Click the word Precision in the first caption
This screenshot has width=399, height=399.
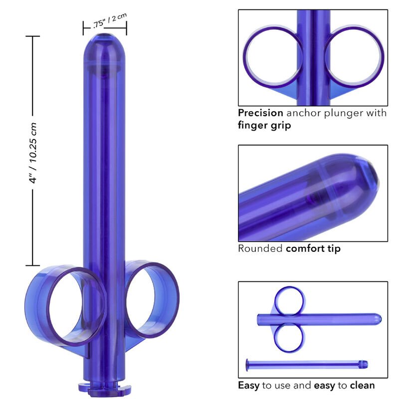pyautogui.click(x=260, y=113)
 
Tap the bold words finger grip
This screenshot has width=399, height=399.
pyautogui.click(x=264, y=126)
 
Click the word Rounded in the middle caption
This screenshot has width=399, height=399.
pyautogui.click(x=260, y=248)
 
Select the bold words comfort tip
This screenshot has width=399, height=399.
pyautogui.click(x=313, y=248)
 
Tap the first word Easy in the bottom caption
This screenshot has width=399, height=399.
pyautogui.click(x=249, y=385)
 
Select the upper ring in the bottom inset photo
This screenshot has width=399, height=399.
pyautogui.click(x=290, y=301)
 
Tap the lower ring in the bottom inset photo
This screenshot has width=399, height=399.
pyautogui.click(x=290, y=337)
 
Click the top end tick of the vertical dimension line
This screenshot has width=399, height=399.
pyautogui.click(x=33, y=36)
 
